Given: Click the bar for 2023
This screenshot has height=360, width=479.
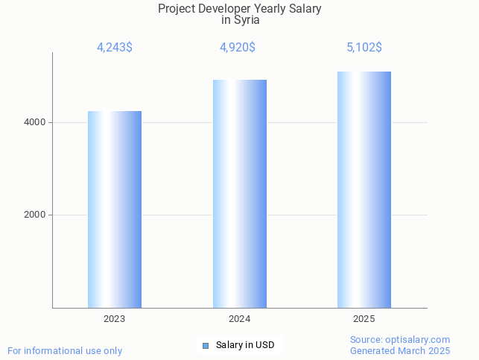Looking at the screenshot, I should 115,209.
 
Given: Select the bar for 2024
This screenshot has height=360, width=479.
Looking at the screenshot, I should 239,194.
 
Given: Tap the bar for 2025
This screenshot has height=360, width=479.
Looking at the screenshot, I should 364,189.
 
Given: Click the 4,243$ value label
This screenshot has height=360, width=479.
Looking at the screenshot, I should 115,48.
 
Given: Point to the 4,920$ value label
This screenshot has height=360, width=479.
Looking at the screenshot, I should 238,48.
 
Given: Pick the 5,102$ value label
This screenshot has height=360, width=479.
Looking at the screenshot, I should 364,48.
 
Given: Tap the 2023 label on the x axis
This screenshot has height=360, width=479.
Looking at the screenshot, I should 115,319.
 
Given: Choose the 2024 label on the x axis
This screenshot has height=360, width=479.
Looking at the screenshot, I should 239,319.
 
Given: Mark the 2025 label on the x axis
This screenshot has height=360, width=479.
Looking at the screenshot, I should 364,319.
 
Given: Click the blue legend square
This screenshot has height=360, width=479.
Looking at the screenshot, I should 206,345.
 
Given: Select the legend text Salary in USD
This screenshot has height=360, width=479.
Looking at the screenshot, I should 245,345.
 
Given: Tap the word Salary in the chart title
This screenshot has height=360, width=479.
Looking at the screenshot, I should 305,9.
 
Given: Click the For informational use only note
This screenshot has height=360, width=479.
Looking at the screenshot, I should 65,350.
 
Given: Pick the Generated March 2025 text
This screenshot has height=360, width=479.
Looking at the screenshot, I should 400,350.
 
